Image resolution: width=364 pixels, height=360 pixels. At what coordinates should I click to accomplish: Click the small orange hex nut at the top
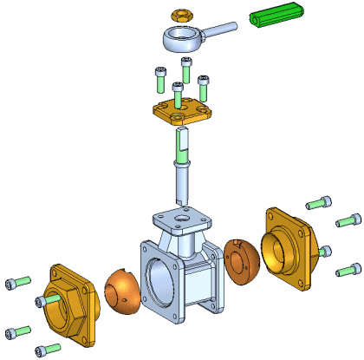[x=180, y=16]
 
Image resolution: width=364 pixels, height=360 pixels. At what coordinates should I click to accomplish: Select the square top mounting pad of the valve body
[x=180, y=217]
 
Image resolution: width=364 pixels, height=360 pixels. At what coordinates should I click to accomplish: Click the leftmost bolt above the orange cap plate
[x=159, y=79]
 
